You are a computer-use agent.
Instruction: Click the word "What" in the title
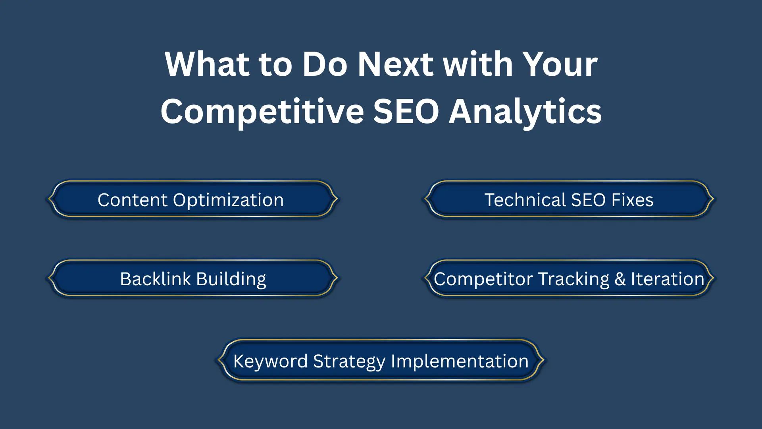[x=207, y=64]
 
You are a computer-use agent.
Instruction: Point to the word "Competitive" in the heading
[x=262, y=112]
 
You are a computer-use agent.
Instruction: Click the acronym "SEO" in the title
[x=406, y=112]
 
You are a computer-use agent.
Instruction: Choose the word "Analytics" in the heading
[x=525, y=112]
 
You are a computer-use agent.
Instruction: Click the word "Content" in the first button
[x=133, y=200]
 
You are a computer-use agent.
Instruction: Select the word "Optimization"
[x=228, y=200]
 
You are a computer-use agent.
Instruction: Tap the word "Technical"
[x=525, y=200]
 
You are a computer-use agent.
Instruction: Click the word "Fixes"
[x=632, y=200]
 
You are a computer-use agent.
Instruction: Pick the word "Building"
[x=231, y=279]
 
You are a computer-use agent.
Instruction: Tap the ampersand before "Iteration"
[x=620, y=279]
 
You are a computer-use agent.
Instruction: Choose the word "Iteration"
[x=667, y=279]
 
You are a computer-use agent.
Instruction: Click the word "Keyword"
[x=270, y=361]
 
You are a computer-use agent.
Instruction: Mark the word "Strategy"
[x=349, y=361]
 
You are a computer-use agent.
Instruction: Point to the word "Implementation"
[x=460, y=361]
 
